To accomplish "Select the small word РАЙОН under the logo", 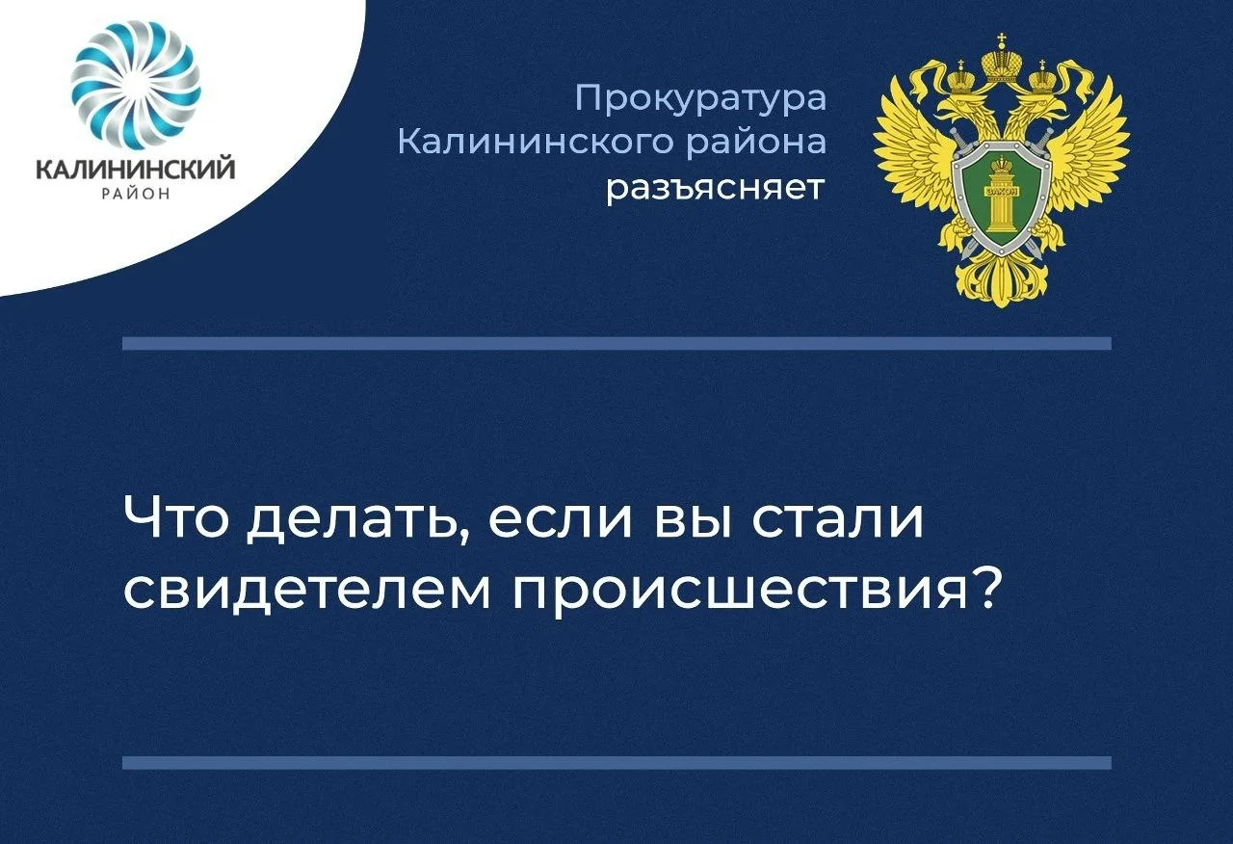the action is tap(136, 194).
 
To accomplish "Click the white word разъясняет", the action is tap(716, 189).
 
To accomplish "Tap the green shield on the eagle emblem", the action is tap(1001, 203).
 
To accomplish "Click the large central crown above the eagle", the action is tap(1002, 64).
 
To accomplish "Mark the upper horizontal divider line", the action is tap(617, 344).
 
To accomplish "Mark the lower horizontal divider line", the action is tap(617, 762).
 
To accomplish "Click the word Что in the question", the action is tap(175, 517).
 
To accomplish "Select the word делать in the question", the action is tap(357, 520).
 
